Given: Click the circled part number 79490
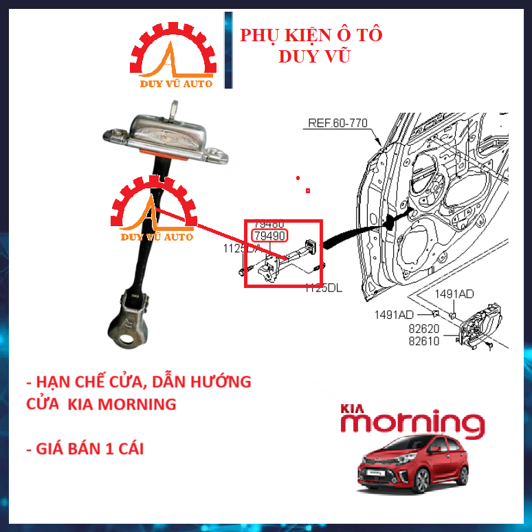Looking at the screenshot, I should (269, 236).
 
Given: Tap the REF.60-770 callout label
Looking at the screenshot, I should (337, 124).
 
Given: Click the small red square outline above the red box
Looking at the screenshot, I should (309, 190).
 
